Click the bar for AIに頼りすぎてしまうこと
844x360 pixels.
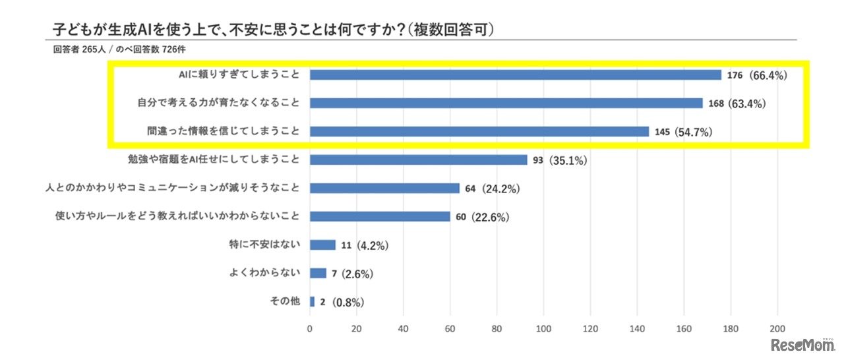[515, 75]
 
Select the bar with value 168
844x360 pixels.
[506, 104]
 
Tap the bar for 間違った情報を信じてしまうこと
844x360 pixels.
[479, 132]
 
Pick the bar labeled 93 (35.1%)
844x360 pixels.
[418, 160]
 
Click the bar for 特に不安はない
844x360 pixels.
[322, 245]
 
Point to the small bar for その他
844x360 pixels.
[312, 301]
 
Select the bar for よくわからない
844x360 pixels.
[318, 273]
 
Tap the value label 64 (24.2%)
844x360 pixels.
[493, 189]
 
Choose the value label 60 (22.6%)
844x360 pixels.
[483, 217]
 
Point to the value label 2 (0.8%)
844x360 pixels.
[342, 302]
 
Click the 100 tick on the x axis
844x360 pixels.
[543, 328]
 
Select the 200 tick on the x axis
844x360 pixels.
[777, 328]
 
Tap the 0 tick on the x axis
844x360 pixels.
[310, 328]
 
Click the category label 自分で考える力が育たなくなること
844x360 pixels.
[218, 103]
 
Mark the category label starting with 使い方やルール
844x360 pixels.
[179, 216]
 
